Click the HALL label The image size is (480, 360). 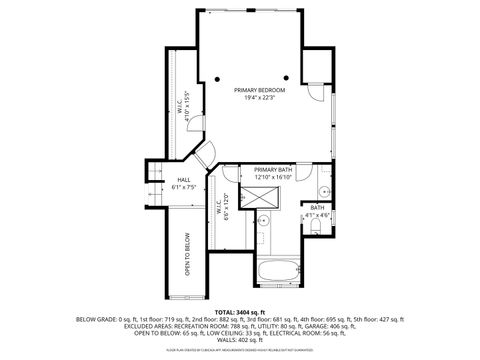(x=184, y=179)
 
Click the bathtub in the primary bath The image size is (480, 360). (x=279, y=270)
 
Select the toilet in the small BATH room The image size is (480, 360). (x=316, y=228)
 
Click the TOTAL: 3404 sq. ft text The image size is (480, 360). (x=240, y=311)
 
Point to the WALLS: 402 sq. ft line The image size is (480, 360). (x=240, y=339)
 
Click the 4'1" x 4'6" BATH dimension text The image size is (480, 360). (x=317, y=214)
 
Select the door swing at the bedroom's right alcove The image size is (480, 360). (x=315, y=91)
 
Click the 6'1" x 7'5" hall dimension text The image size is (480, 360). (x=184, y=187)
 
